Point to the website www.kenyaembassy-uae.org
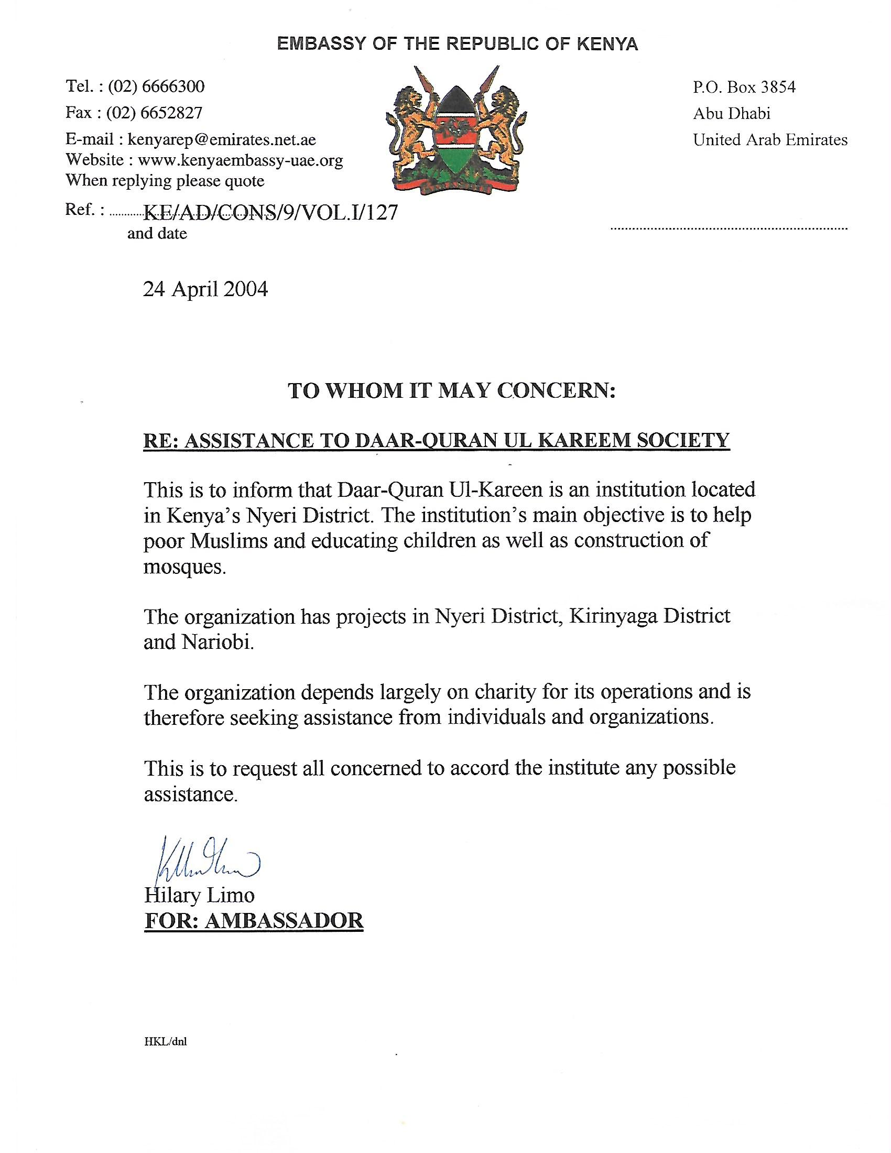click(240, 160)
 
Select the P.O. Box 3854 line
click(744, 86)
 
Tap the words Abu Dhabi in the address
click(732, 113)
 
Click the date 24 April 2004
click(205, 289)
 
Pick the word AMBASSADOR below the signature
click(284, 920)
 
